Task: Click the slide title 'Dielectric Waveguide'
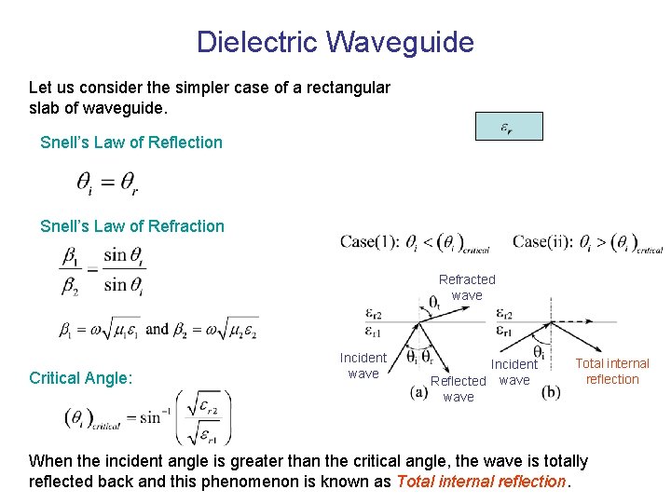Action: (335, 42)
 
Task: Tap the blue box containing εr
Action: (508, 127)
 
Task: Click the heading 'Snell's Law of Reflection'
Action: (131, 143)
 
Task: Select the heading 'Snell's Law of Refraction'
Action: (132, 226)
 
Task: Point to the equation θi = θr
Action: (107, 184)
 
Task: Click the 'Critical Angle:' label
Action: (81, 378)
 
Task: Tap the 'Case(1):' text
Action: (370, 241)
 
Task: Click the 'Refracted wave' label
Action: (467, 287)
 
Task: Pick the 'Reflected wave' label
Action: (459, 388)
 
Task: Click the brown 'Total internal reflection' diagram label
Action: (612, 371)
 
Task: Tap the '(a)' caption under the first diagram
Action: (419, 392)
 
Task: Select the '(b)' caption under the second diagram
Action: (551, 392)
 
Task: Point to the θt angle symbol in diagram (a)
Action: (434, 303)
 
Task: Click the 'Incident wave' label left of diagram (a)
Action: (363, 365)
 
